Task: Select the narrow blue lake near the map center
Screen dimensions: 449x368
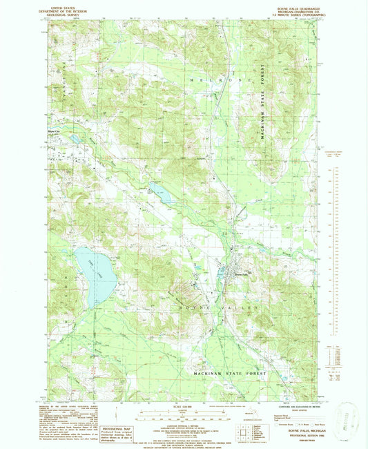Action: (x=163, y=195)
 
